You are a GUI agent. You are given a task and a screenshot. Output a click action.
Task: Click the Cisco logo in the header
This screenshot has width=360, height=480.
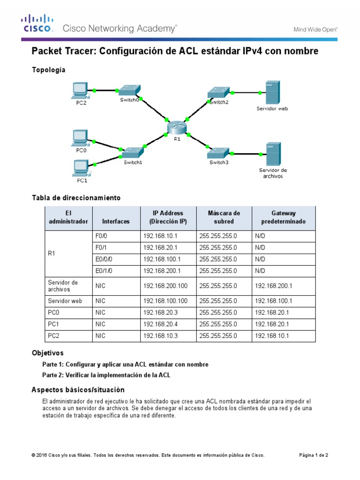point(37,23)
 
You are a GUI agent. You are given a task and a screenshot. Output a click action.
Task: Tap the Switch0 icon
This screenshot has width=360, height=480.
point(128,90)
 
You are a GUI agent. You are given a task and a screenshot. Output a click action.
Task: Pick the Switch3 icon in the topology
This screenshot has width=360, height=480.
point(218,152)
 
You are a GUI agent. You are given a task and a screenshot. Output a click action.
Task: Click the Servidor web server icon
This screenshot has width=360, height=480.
point(272,93)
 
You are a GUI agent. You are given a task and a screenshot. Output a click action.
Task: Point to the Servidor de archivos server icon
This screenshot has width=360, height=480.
point(272,153)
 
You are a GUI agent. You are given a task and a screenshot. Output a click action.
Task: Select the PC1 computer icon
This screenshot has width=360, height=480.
point(81,168)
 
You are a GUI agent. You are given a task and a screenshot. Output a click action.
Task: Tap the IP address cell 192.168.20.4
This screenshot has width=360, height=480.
point(167,324)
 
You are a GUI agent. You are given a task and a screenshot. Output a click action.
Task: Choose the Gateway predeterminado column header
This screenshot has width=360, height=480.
point(283,217)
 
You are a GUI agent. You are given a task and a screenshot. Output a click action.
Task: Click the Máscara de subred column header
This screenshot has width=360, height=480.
point(224,217)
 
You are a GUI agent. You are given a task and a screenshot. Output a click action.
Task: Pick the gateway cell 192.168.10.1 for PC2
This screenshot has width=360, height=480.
point(283,336)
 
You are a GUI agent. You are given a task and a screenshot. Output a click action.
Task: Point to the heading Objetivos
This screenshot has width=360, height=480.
point(47,352)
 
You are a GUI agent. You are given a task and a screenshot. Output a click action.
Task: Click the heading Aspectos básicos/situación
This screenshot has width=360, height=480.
point(78,390)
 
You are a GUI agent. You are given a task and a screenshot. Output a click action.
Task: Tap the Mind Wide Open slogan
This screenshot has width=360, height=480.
point(315,29)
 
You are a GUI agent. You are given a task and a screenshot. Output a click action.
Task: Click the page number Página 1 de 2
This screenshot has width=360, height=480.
point(314,455)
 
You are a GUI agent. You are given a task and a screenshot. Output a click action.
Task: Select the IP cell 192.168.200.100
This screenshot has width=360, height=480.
point(167,285)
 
